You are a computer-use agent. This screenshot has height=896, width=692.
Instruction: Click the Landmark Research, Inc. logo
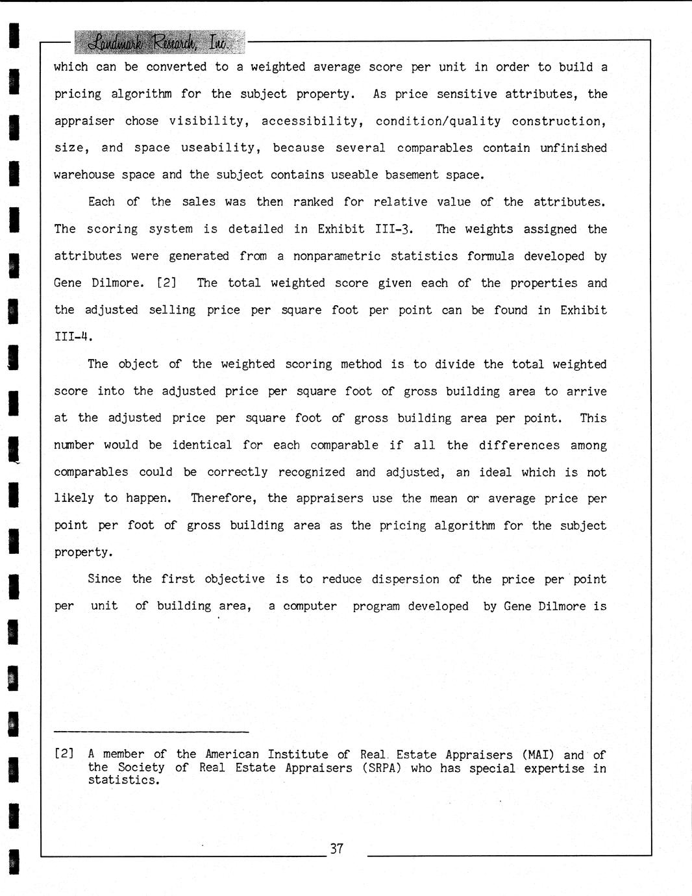click(x=159, y=42)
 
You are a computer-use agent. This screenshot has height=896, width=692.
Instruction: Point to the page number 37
click(x=336, y=849)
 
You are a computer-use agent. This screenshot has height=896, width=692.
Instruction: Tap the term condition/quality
click(x=438, y=121)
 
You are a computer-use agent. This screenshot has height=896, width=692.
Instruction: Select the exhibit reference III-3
click(x=394, y=229)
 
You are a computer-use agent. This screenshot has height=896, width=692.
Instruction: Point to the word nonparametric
click(x=337, y=256)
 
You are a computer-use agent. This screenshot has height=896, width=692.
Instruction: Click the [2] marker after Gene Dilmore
click(x=167, y=283)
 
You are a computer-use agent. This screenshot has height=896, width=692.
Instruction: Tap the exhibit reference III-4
click(x=73, y=337)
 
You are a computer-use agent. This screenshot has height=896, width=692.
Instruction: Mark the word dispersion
click(x=406, y=579)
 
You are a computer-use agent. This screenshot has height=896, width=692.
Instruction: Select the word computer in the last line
click(x=310, y=606)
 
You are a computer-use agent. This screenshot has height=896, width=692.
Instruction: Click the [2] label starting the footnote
click(x=64, y=754)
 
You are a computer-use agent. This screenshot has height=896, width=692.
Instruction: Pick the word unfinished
click(x=573, y=148)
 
